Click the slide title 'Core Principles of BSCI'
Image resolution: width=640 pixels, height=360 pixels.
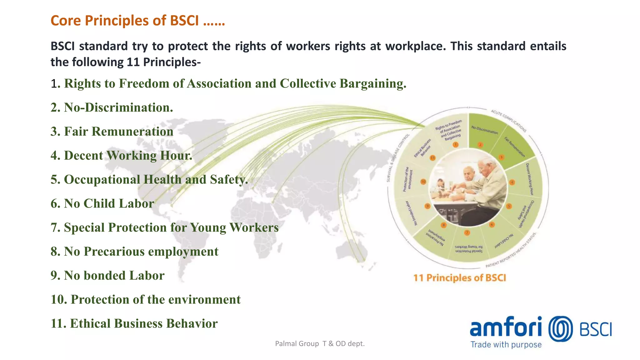click(137, 21)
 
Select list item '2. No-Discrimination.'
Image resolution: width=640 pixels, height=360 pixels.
click(112, 107)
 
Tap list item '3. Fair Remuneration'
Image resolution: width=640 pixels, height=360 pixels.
click(112, 132)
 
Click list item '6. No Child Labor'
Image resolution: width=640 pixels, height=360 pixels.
click(102, 203)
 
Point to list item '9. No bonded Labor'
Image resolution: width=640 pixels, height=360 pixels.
click(107, 276)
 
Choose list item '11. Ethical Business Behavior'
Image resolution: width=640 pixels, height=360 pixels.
click(134, 323)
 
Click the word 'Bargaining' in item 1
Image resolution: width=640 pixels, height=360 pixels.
click(372, 84)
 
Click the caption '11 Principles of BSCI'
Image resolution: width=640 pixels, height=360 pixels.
click(459, 278)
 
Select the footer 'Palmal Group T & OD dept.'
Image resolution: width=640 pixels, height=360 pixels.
click(320, 344)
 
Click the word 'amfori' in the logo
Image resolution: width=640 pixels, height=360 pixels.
click(506, 327)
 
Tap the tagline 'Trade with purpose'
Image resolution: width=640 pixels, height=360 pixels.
click(506, 345)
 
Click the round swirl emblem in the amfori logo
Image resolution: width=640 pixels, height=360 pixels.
click(561, 329)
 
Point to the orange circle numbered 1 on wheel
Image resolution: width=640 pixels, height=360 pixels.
click(456, 145)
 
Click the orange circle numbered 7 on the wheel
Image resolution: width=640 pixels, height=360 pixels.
click(467, 232)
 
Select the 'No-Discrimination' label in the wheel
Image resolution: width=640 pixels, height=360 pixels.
click(484, 130)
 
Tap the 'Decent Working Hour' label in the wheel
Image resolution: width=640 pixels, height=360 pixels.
click(529, 179)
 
